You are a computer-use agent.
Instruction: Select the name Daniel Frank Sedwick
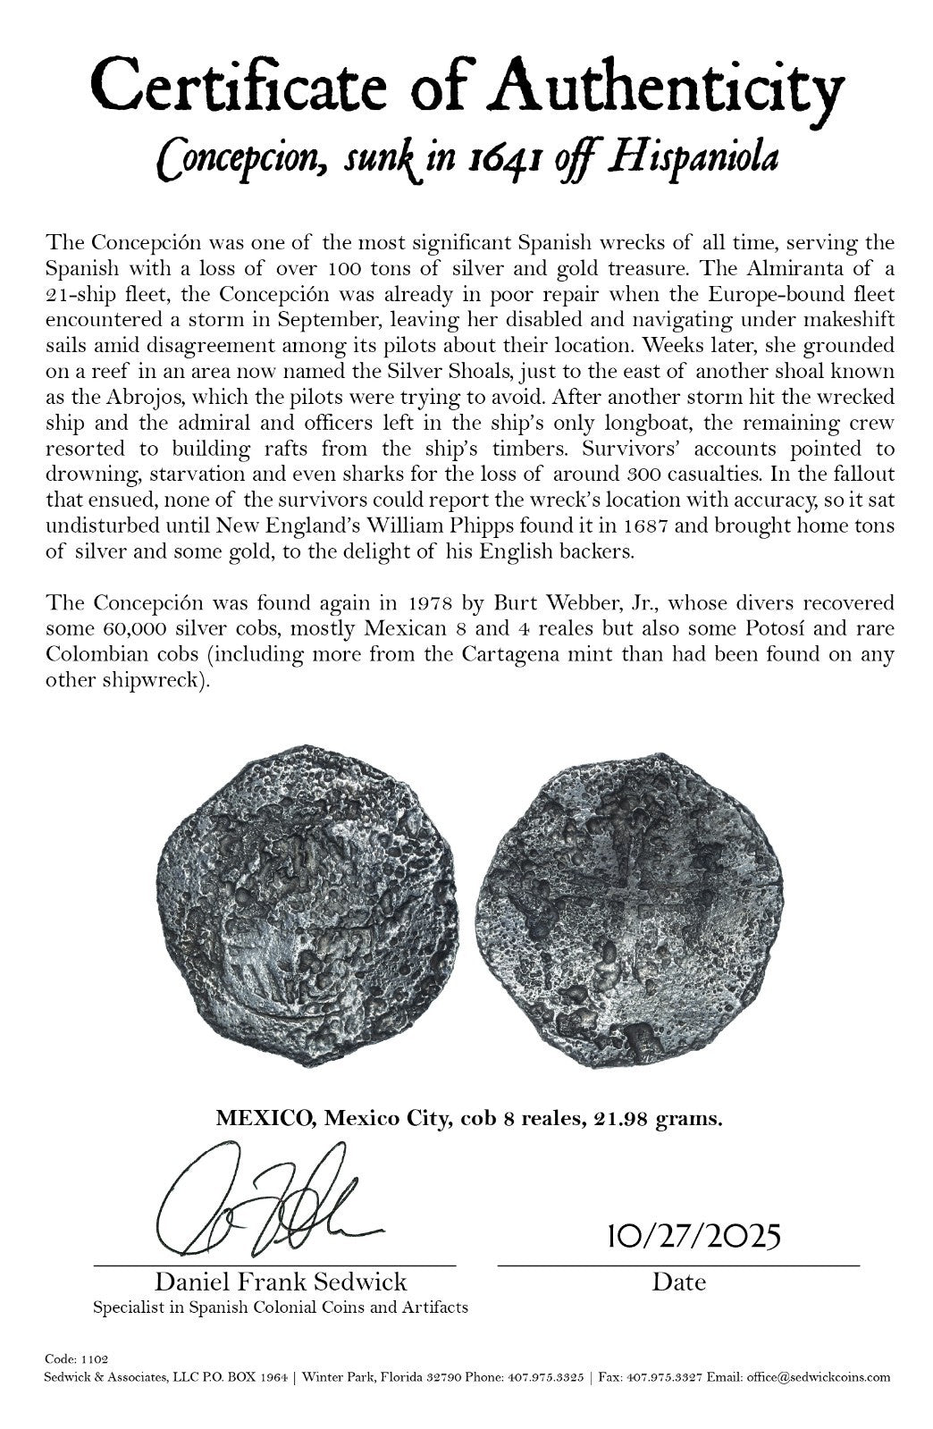pyautogui.click(x=281, y=1282)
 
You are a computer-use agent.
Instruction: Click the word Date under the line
pyautogui.click(x=678, y=1282)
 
